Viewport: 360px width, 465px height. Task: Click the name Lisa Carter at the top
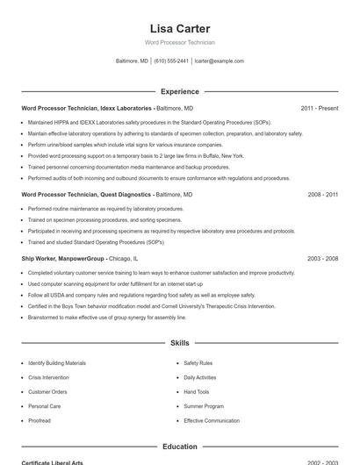(180, 28)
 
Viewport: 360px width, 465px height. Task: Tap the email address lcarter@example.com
(219, 61)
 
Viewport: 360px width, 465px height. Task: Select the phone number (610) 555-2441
(171, 61)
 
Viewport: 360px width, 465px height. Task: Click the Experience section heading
(180, 91)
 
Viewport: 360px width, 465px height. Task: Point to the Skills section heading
(180, 343)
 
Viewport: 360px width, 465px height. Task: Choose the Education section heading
(180, 447)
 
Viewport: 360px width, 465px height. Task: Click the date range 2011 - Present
(319, 108)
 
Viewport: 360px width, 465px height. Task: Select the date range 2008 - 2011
(322, 195)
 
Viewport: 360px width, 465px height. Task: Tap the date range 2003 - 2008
(322, 259)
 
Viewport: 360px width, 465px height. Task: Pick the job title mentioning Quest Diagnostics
(85, 195)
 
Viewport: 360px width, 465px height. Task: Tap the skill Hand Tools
(196, 392)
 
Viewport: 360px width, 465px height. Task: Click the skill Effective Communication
(212, 421)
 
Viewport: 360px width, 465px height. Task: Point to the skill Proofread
(40, 421)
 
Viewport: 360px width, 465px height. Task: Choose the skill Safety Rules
(198, 362)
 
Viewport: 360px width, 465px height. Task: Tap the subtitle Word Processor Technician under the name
(180, 42)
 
